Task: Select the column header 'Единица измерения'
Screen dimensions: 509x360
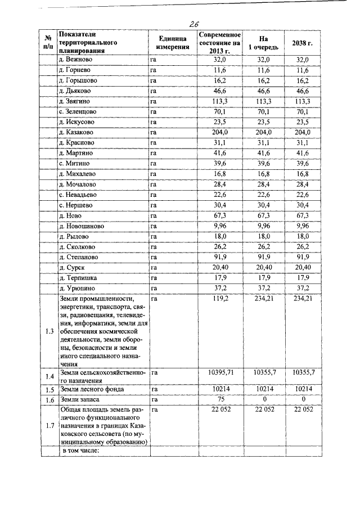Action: pos(173,42)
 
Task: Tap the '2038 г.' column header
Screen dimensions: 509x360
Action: pos(302,43)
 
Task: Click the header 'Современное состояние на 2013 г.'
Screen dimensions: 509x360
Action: pos(220,42)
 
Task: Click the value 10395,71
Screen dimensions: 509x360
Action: pos(220,372)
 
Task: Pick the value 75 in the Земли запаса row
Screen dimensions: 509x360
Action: pos(220,399)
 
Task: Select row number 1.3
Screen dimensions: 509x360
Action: pos(49,331)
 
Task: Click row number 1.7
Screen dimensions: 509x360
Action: pos(49,425)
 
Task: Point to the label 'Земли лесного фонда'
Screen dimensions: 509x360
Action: pos(92,389)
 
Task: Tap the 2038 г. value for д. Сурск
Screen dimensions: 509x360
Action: pos(302,268)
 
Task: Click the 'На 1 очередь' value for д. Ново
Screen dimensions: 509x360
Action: pos(263,215)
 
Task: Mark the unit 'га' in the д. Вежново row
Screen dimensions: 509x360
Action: pos(152,59)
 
